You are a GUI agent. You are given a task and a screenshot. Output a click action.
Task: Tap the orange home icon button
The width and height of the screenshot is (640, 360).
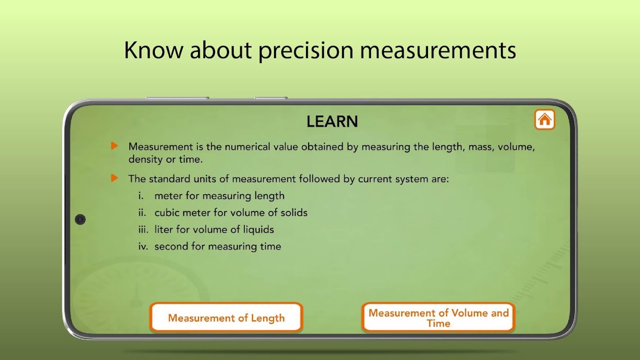tap(545, 119)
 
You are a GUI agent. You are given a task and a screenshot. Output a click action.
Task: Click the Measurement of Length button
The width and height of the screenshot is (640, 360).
tap(226, 317)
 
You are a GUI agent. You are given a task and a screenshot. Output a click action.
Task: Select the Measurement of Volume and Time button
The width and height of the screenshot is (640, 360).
tap(438, 317)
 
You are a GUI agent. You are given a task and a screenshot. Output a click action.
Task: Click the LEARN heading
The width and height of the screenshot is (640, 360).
tap(332, 121)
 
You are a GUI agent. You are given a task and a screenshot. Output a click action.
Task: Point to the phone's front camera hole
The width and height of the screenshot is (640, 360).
tap(80, 220)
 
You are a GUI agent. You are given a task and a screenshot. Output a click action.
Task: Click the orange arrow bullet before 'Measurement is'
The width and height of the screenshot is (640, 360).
tap(114, 146)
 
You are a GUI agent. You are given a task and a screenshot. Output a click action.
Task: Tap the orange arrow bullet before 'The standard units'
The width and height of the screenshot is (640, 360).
tap(114, 178)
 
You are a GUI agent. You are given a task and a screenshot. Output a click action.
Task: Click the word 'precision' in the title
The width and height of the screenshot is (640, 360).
tap(306, 51)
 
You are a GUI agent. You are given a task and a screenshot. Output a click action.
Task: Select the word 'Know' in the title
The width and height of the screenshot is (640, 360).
tap(153, 50)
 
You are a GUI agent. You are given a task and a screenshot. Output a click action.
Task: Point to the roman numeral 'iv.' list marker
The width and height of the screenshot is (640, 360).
tap(143, 246)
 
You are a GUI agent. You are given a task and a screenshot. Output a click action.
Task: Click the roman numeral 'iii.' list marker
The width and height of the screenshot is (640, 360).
tap(144, 229)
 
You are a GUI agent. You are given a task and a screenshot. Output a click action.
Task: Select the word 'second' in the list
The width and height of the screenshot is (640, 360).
tap(171, 246)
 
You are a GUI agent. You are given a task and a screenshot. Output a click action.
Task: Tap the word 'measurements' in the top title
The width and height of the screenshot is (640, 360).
tap(438, 50)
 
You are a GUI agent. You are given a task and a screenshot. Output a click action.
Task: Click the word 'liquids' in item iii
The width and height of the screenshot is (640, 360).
tap(258, 229)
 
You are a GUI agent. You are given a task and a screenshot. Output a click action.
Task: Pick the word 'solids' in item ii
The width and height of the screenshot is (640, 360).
tap(294, 212)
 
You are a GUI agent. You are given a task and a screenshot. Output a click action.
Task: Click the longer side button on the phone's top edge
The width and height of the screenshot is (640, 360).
tap(177, 98)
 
